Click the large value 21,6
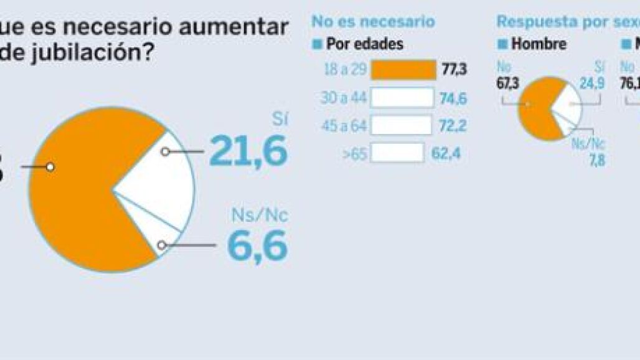point(248,151)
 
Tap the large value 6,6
point(257,245)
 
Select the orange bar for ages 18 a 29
point(403,70)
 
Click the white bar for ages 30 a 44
point(402,98)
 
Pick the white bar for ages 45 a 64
point(401,125)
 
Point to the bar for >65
point(397,153)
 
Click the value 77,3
point(454,70)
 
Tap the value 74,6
point(453,98)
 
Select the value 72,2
point(452,125)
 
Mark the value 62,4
point(446,153)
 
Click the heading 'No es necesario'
point(373,22)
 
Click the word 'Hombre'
point(539,44)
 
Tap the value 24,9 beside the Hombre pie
point(592,83)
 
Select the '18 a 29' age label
point(344,70)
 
